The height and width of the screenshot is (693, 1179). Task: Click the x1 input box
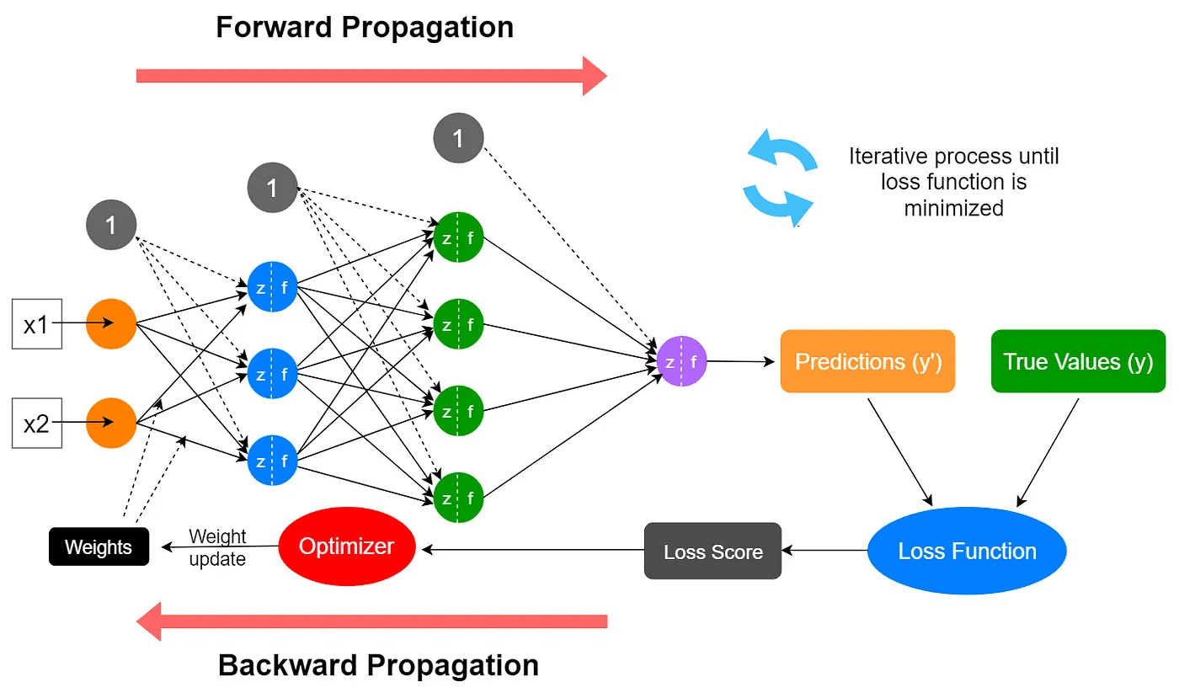(35, 323)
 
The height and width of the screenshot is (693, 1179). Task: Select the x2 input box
(35, 424)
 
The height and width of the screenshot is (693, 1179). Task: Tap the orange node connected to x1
(111, 323)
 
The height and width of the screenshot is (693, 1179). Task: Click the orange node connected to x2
(111, 424)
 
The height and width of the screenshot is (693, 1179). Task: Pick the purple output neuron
(681, 362)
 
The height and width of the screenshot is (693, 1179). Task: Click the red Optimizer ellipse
(347, 546)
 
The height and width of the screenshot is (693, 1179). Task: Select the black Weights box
(99, 547)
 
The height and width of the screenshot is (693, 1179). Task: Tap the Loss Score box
(712, 552)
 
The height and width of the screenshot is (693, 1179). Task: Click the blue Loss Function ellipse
(967, 552)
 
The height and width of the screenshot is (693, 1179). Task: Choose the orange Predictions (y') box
(867, 361)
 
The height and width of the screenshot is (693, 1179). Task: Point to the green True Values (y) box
(1078, 361)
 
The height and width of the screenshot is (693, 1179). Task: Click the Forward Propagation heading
(365, 27)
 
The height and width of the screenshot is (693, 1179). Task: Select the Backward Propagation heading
(378, 665)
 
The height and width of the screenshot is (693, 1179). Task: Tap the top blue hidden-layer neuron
(272, 287)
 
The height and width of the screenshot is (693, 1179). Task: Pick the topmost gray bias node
(458, 138)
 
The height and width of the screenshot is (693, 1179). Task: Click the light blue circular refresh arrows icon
(780, 179)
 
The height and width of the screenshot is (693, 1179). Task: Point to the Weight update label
(217, 547)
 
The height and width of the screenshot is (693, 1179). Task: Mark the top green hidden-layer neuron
(458, 237)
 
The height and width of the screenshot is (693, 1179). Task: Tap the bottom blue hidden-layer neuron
(272, 461)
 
